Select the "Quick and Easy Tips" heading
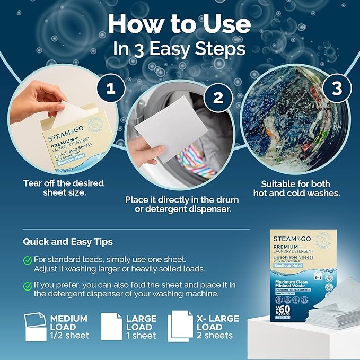[67, 242]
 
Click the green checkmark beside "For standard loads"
[27, 260]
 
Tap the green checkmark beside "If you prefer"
[27, 286]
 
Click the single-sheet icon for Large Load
[112, 327]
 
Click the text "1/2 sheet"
[70, 336]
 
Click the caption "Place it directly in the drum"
[182, 200]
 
